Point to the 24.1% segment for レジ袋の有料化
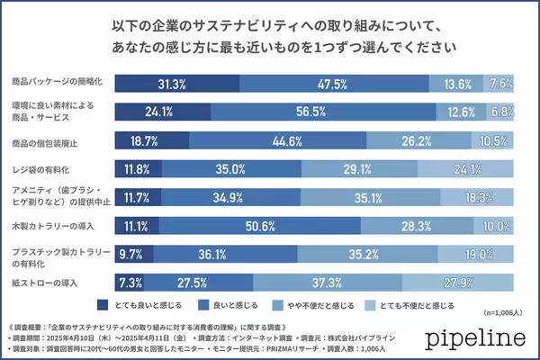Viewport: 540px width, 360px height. (x=481, y=168)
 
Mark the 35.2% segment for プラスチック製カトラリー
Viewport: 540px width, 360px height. (x=391, y=253)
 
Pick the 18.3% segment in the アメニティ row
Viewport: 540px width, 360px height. (x=478, y=196)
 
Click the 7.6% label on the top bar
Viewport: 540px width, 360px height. (x=501, y=83)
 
